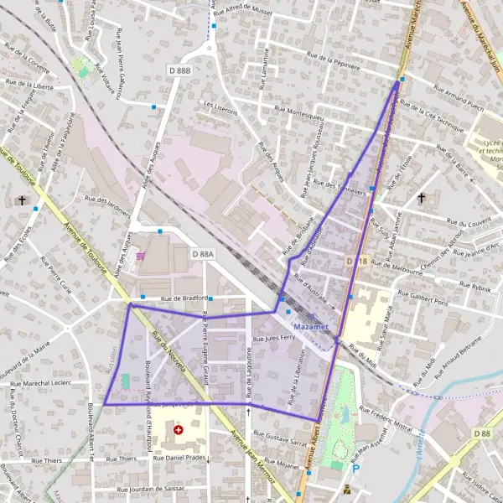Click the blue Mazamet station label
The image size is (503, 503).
[312, 325]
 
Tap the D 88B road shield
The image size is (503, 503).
[178, 70]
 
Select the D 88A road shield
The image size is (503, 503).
[203, 253]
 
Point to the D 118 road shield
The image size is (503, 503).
[357, 262]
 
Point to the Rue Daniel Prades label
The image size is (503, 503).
[179, 459]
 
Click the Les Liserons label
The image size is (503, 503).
[220, 107]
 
